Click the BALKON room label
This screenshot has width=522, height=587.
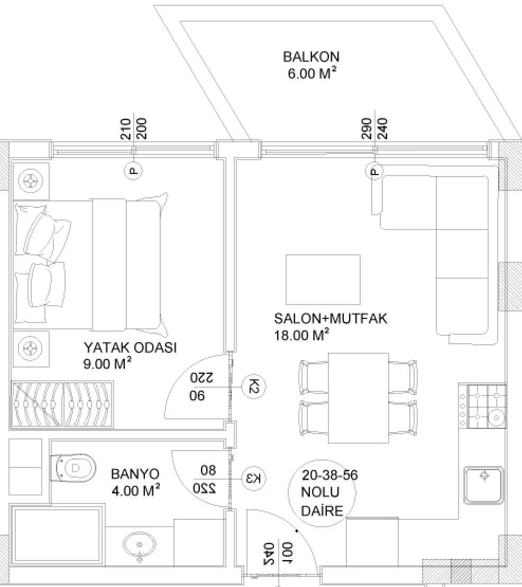311,57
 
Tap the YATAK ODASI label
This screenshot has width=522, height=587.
130,347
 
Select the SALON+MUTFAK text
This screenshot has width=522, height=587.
331,318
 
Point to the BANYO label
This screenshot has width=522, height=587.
135,474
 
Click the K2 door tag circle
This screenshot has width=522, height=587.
254,387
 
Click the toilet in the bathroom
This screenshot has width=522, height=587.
74,469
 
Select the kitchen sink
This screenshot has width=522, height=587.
483,485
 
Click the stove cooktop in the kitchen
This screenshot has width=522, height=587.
483,406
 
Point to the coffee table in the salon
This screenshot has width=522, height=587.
323,280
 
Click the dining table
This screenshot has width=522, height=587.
359,398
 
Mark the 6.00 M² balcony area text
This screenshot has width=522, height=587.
312,73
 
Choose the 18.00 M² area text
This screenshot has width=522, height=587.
302,335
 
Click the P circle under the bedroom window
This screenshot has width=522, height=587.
133,171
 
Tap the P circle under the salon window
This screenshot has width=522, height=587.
374,171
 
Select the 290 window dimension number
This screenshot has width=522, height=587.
366,129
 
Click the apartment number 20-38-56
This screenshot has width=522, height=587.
330,475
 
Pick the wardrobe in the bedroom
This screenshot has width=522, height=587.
62,405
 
